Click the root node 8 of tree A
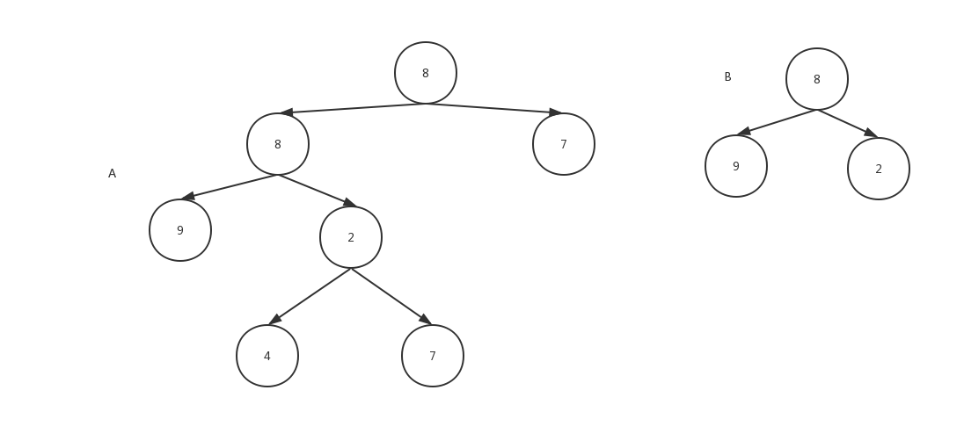coord(426,73)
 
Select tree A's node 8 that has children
coord(278,144)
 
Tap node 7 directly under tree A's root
coord(564,144)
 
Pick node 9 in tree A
coord(180,230)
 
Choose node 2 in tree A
coord(351,237)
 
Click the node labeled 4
coord(267,356)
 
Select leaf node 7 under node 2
coord(433,356)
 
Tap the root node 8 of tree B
coord(817,79)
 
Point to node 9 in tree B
coord(736,166)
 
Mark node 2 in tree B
coord(879,169)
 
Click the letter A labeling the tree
coord(112,174)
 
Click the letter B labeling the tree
coord(727,77)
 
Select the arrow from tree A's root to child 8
coord(352,107)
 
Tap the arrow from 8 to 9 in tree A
coord(230,186)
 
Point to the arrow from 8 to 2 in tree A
coord(317,191)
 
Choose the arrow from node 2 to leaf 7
coord(391,296)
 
